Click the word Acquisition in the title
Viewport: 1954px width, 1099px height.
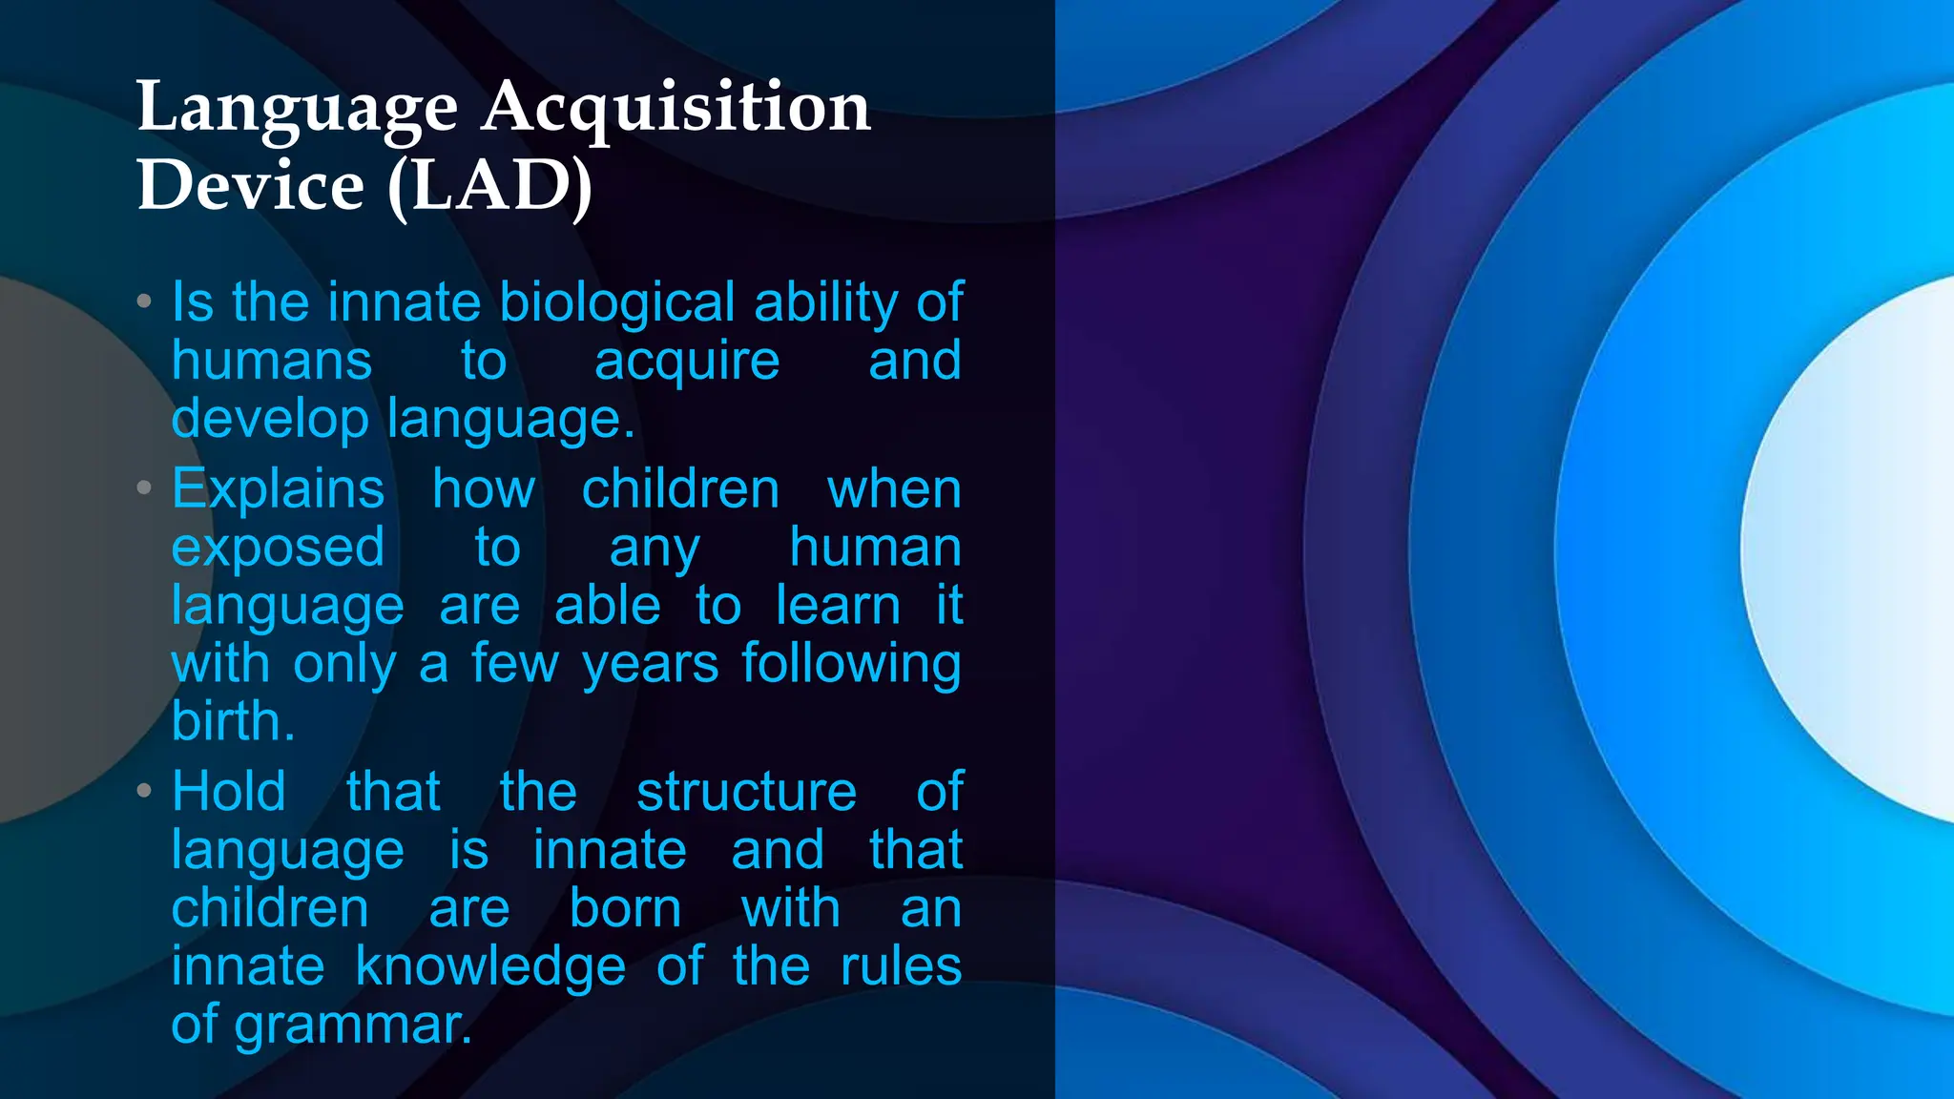(676, 108)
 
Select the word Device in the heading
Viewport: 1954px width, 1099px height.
(251, 185)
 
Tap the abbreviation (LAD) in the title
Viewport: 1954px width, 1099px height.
(490, 187)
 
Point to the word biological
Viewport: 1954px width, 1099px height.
(617, 302)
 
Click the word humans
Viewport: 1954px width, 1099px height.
(272, 361)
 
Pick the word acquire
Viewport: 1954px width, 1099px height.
(687, 363)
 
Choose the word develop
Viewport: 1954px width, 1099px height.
(270, 420)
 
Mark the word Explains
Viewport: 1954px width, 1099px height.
(278, 490)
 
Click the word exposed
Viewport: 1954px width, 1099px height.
(278, 549)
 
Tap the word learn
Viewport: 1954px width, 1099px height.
(838, 606)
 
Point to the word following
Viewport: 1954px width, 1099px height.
(851, 665)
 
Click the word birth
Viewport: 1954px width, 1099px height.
(233, 721)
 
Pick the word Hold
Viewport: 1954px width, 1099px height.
(229, 792)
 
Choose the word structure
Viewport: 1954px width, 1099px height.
(747, 792)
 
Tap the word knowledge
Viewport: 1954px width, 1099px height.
(490, 966)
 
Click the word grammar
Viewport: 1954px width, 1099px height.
(353, 1026)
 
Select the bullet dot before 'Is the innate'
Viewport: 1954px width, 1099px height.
(144, 301)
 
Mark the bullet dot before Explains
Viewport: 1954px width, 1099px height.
(144, 488)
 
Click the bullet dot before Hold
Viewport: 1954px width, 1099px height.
(144, 790)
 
